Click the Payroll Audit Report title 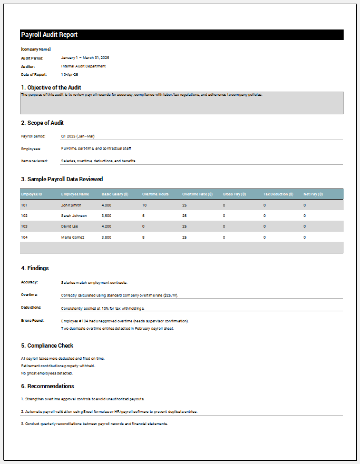(49, 35)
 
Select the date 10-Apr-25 (70, 75)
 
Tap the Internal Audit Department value (83, 66)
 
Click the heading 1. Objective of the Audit (51, 87)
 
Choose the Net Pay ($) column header (313, 194)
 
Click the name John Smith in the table (71, 205)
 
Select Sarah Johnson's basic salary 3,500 (106, 215)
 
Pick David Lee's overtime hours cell (143, 226)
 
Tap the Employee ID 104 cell (24, 237)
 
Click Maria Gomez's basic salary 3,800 (106, 237)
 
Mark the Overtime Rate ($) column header (198, 194)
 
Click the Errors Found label (33, 320)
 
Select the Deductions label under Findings (31, 307)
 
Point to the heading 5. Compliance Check (47, 346)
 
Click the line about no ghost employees (47, 373)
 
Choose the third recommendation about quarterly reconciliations (94, 423)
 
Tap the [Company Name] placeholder (35, 50)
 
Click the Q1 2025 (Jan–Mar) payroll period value (77, 136)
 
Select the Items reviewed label (34, 161)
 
